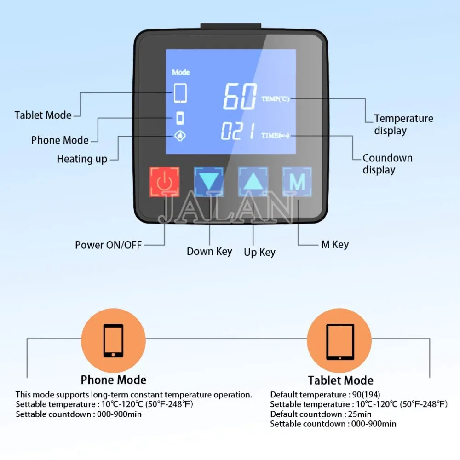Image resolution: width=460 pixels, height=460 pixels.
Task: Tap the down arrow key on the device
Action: click(209, 182)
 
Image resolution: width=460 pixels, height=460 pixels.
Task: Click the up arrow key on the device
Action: click(253, 182)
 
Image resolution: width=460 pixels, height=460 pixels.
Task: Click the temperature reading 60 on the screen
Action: click(240, 97)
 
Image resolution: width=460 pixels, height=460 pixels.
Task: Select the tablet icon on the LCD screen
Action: click(180, 93)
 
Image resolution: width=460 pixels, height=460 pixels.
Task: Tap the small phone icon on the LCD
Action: click(181, 118)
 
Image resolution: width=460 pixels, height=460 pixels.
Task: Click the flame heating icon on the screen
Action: click(181, 136)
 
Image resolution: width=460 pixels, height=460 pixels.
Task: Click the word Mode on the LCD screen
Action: click(180, 72)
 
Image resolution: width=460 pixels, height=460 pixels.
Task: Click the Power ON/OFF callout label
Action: click(109, 245)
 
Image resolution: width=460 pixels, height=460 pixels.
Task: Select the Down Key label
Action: click(209, 252)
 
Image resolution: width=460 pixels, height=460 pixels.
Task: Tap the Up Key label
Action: click(260, 252)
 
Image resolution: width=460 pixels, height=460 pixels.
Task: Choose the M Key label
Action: click(334, 245)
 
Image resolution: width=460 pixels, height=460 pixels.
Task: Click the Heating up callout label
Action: click(82, 159)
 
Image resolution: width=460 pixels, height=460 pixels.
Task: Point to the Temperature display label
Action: click(403, 125)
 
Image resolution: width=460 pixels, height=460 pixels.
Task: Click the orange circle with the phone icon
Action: click(113, 341)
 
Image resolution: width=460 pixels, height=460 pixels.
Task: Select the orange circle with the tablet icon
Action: click(339, 341)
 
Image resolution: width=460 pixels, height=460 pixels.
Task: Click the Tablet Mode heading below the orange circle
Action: click(340, 380)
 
